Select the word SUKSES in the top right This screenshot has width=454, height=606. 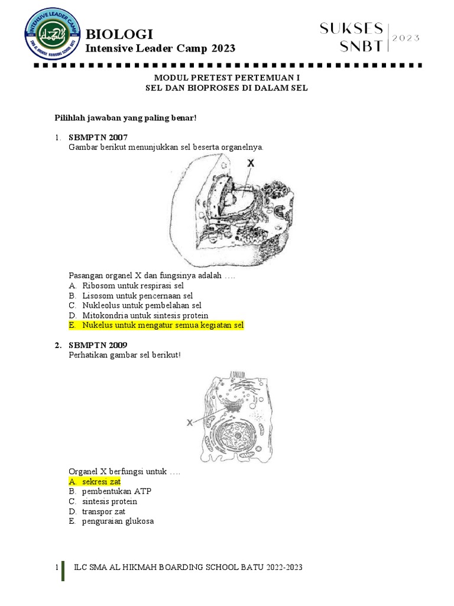point(351,28)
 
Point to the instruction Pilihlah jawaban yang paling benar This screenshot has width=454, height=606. point(125,118)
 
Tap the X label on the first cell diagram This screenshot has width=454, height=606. point(251,162)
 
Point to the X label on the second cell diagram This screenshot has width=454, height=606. point(190,423)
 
